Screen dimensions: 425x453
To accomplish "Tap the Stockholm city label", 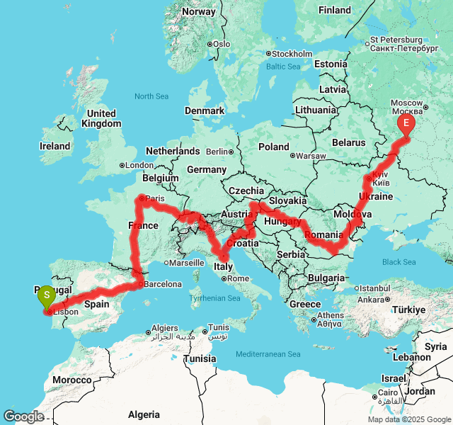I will point(292,54).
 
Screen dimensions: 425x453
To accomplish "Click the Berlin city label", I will point(217,152).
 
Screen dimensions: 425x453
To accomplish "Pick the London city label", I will point(139,166).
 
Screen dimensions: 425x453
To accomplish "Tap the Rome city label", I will point(238,278).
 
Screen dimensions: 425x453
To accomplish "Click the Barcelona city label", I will point(164,284).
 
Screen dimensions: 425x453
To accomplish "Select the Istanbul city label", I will point(374,288).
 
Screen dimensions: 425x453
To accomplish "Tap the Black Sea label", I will point(399,262).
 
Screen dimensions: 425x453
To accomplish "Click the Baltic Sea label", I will point(284,67).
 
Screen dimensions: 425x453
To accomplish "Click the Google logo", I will point(23,417).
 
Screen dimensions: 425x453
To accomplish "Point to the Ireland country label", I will point(55,147).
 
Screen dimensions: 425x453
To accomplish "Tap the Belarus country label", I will point(349,142).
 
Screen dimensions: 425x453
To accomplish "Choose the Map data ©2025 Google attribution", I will point(408,419).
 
